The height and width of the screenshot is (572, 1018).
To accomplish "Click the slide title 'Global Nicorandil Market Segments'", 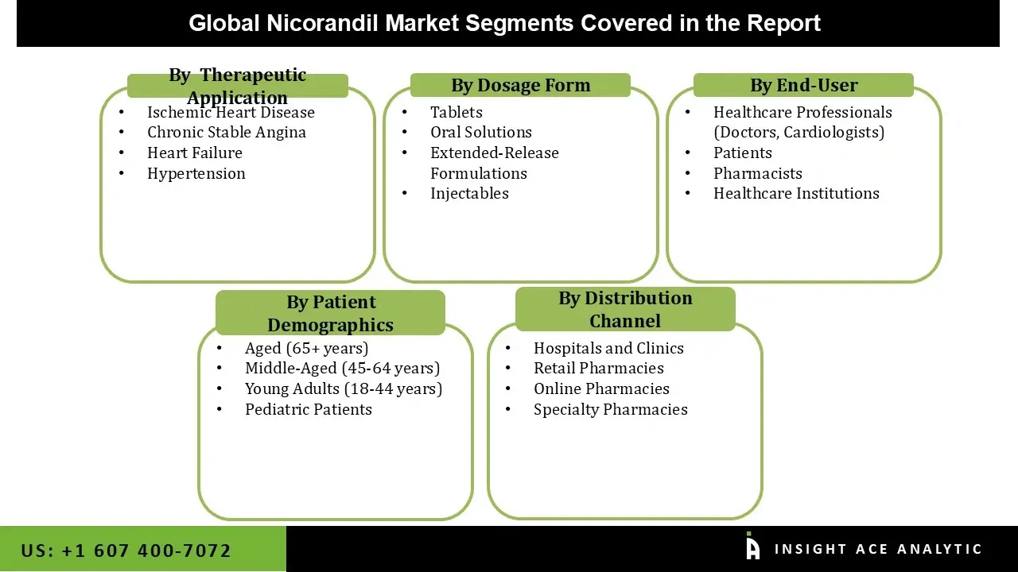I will [504, 23].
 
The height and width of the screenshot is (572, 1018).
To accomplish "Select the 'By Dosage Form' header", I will [520, 85].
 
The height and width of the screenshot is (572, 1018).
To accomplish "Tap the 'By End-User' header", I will [803, 85].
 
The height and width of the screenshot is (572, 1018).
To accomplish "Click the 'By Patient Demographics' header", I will [330, 313].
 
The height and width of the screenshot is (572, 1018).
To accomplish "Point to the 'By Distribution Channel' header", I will [625, 309].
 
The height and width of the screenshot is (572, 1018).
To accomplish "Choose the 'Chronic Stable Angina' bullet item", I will [227, 133].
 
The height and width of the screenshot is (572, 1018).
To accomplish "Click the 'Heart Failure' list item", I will [195, 153].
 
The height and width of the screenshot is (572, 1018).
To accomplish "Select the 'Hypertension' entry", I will [196, 173].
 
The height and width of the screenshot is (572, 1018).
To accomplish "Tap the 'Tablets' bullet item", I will [457, 112].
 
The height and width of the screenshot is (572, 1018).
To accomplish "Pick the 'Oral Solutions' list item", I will [481, 133].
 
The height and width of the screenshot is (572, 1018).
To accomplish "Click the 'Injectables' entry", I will [469, 194].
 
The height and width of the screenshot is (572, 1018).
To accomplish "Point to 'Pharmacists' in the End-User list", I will [757, 173].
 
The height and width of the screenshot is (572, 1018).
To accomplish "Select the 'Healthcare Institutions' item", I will [796, 194].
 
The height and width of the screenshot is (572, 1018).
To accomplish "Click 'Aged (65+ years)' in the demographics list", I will [306, 348].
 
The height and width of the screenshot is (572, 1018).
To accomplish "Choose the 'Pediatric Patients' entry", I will [309, 409].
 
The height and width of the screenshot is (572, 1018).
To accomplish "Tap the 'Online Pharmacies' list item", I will [601, 388].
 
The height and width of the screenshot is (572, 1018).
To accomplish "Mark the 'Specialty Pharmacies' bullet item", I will [610, 409].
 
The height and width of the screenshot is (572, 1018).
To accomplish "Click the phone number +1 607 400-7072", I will [126, 551].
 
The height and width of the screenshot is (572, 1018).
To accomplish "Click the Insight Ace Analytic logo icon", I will [752, 547].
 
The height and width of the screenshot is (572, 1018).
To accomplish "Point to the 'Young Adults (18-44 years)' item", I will [344, 388].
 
